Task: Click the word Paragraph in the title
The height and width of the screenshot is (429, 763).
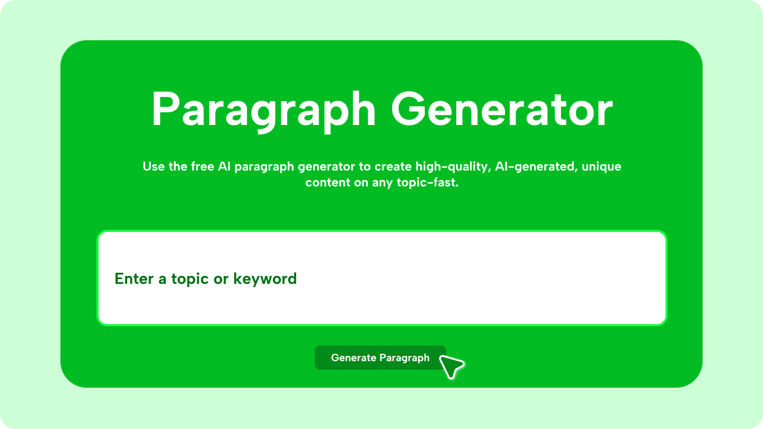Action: [263, 110]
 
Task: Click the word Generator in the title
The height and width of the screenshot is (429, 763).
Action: [501, 110]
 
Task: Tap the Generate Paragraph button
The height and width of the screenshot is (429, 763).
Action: [380, 358]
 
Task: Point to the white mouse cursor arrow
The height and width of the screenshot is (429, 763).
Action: [451, 366]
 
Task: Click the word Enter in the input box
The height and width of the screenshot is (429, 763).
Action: [134, 279]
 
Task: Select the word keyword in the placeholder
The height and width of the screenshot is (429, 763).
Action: [265, 279]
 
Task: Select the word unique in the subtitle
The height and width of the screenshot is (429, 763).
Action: [601, 167]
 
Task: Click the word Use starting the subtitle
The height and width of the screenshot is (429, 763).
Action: [154, 167]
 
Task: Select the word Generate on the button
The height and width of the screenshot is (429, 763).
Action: [353, 358]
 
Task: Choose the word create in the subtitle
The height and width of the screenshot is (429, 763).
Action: [392, 167]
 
